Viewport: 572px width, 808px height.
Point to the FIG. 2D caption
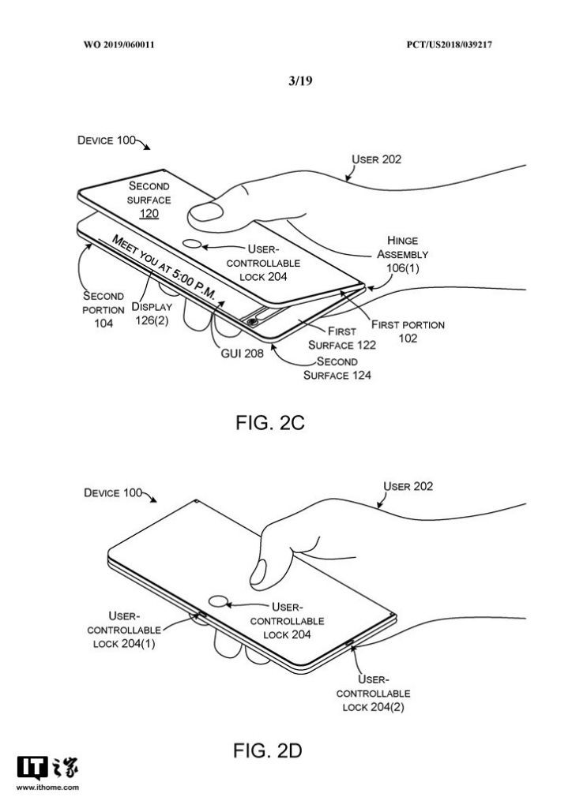click(x=268, y=750)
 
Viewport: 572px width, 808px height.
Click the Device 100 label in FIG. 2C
click(x=106, y=140)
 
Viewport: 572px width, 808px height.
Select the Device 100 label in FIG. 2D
click(x=112, y=493)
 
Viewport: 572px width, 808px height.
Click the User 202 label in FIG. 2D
click(x=408, y=486)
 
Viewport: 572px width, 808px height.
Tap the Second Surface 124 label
click(x=337, y=368)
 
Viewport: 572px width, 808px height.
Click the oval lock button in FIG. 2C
click(x=193, y=244)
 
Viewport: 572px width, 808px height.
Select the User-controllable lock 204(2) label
click(x=373, y=693)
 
